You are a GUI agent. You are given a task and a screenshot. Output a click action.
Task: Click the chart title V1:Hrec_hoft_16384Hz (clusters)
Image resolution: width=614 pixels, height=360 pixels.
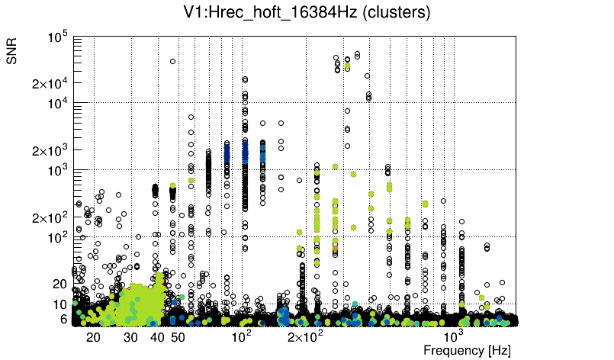[307, 13]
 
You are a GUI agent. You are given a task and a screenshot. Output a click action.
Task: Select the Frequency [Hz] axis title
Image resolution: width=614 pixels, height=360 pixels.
[467, 350]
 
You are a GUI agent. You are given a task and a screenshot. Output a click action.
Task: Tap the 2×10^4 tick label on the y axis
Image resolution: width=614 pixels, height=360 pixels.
[50, 83]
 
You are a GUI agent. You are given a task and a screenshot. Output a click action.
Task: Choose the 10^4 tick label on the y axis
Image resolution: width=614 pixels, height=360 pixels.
[57, 103]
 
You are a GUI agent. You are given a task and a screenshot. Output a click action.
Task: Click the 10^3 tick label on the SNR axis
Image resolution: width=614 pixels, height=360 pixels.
[57, 170]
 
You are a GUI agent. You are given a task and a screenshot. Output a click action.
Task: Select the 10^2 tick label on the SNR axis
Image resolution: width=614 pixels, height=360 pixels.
[57, 237]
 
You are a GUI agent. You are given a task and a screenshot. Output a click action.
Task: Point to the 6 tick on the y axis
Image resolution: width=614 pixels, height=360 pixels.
[63, 320]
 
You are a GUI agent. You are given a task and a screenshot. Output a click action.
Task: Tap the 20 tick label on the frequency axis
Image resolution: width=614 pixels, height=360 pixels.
[93, 337]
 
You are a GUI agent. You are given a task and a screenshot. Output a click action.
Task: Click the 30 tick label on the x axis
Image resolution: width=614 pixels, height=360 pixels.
[130, 337]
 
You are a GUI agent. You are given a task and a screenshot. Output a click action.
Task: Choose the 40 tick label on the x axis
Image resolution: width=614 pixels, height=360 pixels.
[157, 337]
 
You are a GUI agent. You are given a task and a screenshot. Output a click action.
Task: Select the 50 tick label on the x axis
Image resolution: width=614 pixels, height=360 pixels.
[178, 337]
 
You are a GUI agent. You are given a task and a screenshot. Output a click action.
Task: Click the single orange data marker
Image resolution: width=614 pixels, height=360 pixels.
[335, 249]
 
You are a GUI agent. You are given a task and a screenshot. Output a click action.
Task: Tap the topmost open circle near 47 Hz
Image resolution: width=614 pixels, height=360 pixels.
[172, 61]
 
